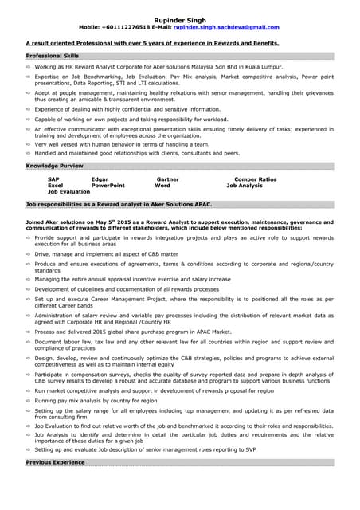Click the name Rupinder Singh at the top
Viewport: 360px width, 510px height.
179,19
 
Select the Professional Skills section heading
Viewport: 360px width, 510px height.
53,57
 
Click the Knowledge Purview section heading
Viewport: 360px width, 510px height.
54,165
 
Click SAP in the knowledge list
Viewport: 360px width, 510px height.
53,179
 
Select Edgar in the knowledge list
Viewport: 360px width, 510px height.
100,179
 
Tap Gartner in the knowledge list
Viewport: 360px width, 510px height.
167,179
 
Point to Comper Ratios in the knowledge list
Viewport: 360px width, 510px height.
255,179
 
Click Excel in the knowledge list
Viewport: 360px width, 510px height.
55,186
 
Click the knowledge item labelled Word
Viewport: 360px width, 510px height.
162,186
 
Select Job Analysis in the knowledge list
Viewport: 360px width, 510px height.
245,186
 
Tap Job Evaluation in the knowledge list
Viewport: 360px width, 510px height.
69,192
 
